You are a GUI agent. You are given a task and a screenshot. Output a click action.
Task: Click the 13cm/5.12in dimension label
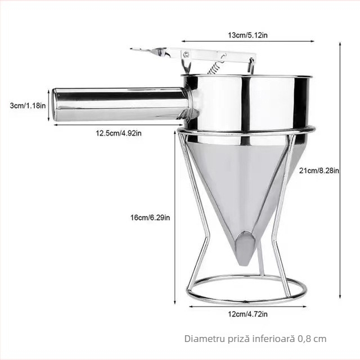[x=247, y=35]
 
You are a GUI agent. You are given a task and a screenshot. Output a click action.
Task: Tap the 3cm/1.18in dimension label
[x=28, y=106]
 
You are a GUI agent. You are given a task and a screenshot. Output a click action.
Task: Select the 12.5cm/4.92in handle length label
[x=119, y=133]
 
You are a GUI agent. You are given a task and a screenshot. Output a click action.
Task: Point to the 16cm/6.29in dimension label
[x=150, y=218]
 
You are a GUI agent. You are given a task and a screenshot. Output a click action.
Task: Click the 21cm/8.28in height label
[x=319, y=170]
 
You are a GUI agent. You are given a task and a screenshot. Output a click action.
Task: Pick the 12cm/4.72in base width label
[x=247, y=314]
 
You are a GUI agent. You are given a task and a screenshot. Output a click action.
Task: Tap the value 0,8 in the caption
[x=304, y=339]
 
